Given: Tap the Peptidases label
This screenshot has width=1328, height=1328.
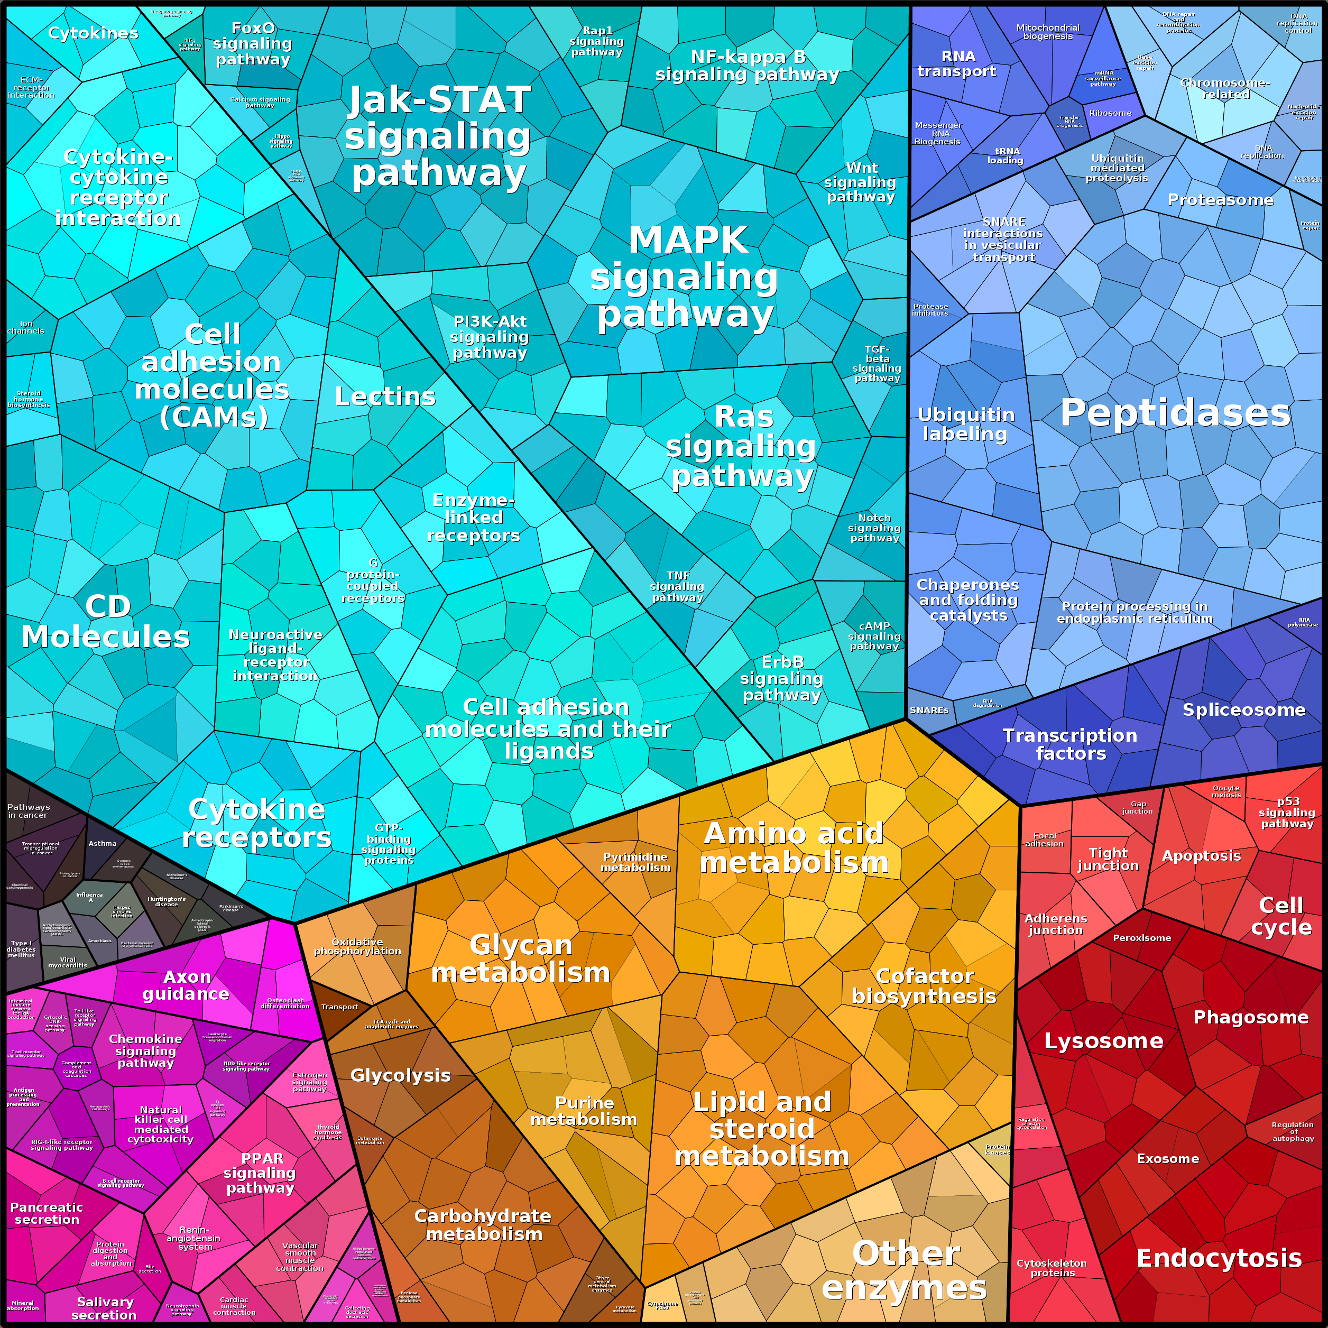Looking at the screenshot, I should [x=1175, y=413].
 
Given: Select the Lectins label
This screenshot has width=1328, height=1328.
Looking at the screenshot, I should [x=385, y=396].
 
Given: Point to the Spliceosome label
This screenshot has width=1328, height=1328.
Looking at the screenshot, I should [x=1243, y=710].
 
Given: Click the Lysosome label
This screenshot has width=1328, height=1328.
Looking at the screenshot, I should [x=1103, y=1041].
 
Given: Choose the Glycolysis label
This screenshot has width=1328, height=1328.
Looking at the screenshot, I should [x=401, y=1075].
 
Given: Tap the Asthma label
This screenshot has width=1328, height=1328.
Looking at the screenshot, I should [x=103, y=843].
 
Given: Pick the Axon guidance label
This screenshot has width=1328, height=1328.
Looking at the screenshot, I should [x=186, y=985].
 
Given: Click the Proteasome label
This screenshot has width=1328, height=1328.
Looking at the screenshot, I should [x=1220, y=200].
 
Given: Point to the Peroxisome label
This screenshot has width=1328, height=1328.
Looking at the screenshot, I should [x=1142, y=937].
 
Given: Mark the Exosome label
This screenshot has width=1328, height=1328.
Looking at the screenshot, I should [x=1168, y=1159].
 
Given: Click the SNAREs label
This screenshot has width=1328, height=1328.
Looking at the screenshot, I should [x=929, y=710].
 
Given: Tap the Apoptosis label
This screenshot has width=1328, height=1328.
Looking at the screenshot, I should [x=1202, y=856].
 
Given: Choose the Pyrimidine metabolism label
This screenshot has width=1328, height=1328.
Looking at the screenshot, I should [x=635, y=862].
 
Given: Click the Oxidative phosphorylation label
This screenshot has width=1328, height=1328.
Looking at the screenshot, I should [x=357, y=946].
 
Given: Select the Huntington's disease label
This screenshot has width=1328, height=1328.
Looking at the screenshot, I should [x=167, y=901].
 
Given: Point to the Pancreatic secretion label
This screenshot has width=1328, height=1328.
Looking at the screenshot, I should [x=47, y=1213].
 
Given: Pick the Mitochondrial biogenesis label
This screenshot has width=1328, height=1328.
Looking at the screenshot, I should [x=1048, y=32].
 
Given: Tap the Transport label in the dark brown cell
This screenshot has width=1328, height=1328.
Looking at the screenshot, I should [x=339, y=1007].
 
